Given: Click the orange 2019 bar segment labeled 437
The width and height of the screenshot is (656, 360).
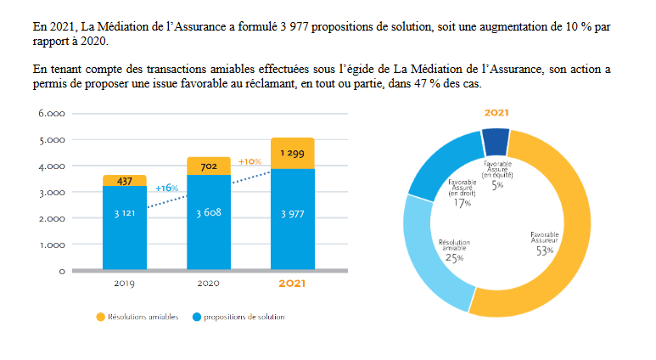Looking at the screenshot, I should point(124,181).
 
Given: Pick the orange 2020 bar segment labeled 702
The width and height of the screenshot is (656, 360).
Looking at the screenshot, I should point(208,166).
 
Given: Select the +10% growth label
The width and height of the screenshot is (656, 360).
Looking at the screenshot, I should point(250,161).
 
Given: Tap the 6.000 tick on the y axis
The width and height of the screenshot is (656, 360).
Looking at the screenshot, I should point(52,114).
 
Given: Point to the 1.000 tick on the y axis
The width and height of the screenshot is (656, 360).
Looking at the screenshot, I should point(52,245).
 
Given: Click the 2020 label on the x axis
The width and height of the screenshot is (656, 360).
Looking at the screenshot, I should point(208,284).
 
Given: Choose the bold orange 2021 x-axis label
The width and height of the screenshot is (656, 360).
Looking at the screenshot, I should point(292,284).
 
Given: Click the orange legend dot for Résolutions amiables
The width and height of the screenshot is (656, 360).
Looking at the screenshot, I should point(100,318).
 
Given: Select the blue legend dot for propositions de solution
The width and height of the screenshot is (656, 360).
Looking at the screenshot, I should point(196,318).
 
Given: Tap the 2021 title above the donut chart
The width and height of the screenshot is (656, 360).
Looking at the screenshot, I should point(496,113).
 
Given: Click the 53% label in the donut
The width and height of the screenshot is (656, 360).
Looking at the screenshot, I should point(544,250).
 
